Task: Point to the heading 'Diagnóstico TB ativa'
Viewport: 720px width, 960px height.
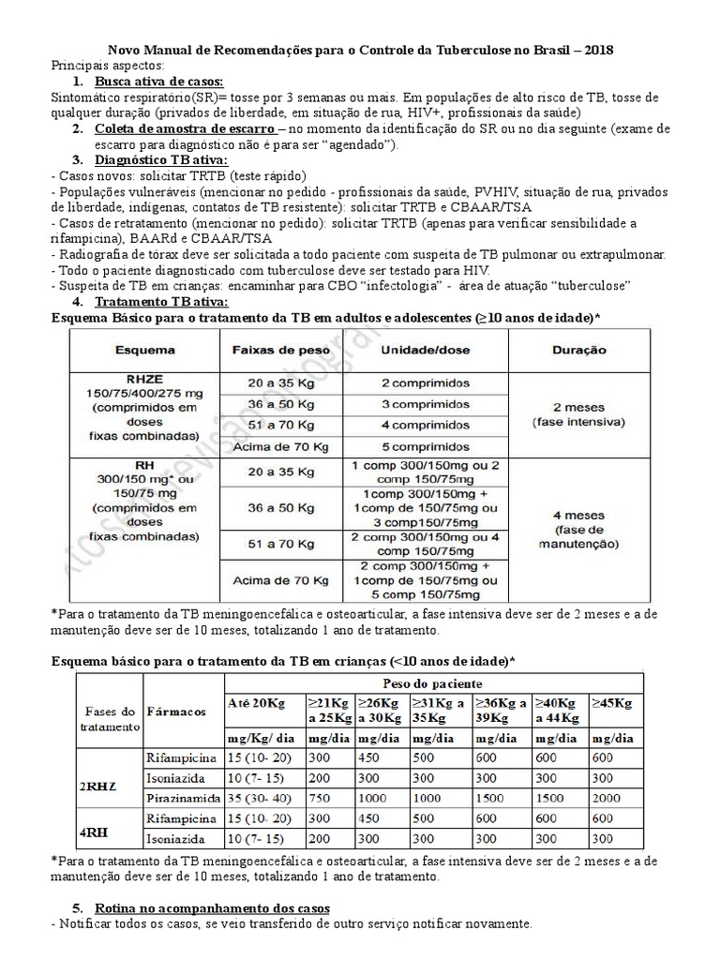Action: point(160,160)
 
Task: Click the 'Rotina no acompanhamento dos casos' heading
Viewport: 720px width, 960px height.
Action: point(211,908)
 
